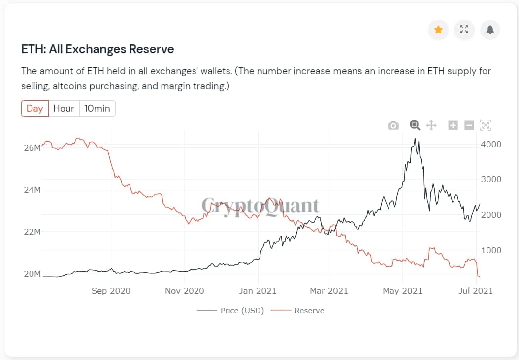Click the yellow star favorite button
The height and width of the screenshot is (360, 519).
438,30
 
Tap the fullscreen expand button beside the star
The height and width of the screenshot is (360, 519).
464,30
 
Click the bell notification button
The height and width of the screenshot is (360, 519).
490,30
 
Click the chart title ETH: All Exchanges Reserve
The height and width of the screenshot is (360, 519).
97,49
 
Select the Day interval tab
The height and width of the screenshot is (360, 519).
35,109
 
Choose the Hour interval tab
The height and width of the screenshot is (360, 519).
64,109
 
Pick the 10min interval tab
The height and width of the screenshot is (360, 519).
97,109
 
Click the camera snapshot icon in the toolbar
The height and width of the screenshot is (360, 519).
393,125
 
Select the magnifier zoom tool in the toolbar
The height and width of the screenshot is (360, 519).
415,125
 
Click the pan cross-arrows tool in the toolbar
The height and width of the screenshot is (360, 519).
431,125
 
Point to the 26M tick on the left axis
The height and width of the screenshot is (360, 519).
32,148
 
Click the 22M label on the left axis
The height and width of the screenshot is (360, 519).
32,232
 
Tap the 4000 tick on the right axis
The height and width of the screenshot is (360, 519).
491,144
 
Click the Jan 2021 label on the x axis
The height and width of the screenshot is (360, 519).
257,291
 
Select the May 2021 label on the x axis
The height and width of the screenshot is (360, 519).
402,291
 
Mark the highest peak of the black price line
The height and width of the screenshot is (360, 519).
415,138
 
